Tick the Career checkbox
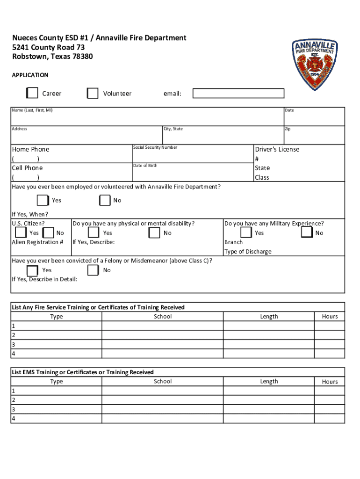(32, 93)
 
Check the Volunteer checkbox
(93, 93)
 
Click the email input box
(238, 93)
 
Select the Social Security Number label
(155, 147)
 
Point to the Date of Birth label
(145, 166)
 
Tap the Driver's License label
(277, 149)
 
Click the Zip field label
(288, 129)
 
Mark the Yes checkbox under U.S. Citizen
(21, 232)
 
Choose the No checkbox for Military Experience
(307, 232)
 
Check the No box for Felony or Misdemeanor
(93, 270)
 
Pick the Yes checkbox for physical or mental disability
(93, 232)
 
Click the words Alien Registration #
(37, 242)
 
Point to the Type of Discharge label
(248, 252)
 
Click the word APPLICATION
(30, 75)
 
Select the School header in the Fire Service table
(163, 317)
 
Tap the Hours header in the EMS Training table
(330, 382)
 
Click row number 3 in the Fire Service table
(14, 344)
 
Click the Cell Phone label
(27, 168)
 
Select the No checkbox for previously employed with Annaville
(105, 200)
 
